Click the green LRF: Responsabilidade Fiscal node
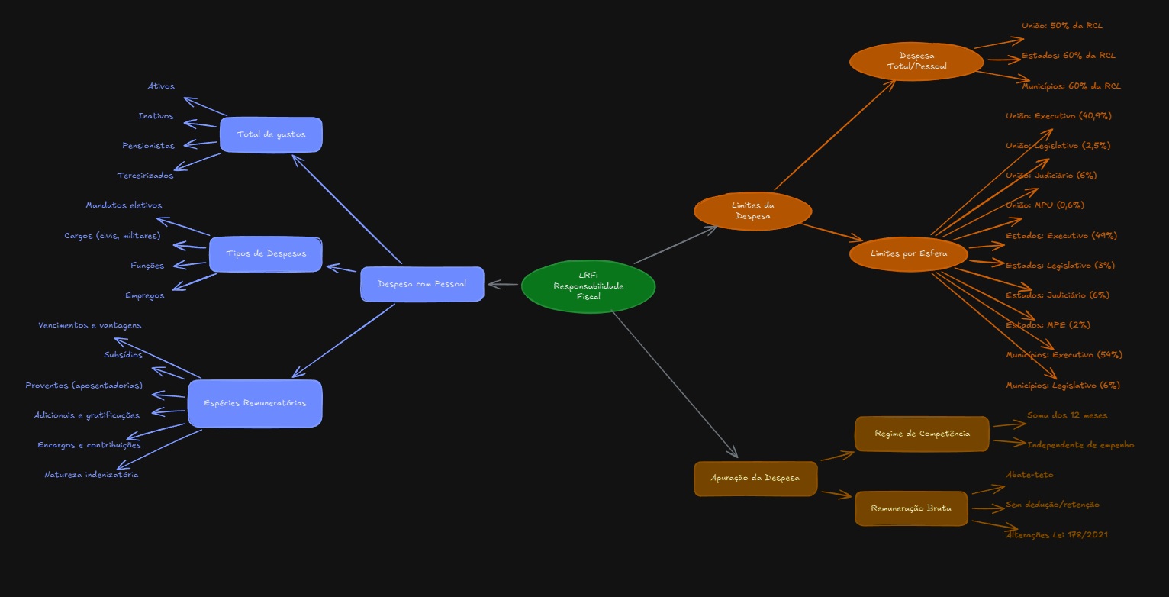point(588,286)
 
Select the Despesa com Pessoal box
point(422,284)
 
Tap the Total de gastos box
point(271,134)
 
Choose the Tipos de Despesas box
point(266,254)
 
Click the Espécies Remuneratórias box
point(255,403)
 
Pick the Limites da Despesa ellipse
point(753,211)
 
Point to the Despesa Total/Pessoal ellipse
point(916,61)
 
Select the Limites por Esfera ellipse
point(909,253)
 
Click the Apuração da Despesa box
point(755,479)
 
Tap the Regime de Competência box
point(922,434)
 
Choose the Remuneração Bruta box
point(911,508)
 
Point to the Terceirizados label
point(145,176)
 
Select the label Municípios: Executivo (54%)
point(1064,355)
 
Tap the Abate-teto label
point(1029,475)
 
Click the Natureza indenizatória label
point(92,475)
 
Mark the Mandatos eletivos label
point(124,205)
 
